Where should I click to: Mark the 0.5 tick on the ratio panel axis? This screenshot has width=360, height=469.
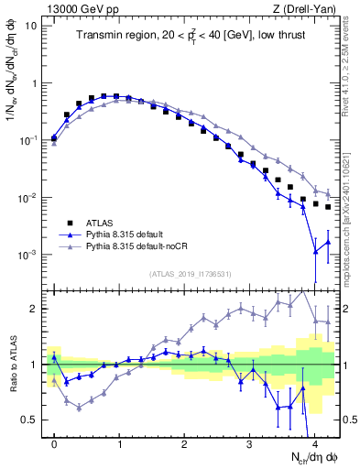(x=31, y=420)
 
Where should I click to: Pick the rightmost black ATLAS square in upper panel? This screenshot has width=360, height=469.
(x=328, y=206)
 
